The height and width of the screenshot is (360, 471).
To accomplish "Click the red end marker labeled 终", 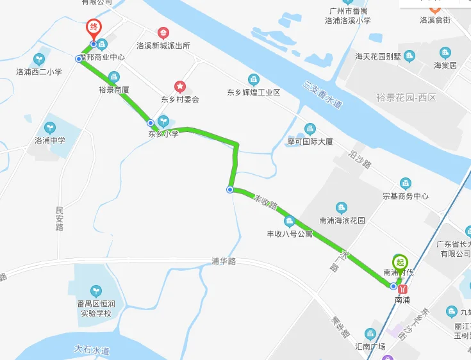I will (x=94, y=28).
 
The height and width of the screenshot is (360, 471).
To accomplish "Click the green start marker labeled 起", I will (x=401, y=262).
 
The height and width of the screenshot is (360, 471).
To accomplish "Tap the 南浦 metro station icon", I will (x=402, y=289).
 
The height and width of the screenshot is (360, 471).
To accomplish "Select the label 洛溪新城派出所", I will (x=163, y=46).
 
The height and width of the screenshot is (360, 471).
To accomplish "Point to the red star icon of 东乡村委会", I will (x=180, y=86).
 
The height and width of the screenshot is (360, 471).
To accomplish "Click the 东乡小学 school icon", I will (x=164, y=120).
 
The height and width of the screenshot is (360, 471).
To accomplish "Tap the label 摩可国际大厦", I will (x=310, y=142).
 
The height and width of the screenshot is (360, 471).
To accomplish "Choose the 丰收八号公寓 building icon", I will (x=290, y=222).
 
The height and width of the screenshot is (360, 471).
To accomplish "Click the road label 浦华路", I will (x=224, y=261).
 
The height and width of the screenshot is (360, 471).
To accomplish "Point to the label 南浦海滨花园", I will (x=342, y=220).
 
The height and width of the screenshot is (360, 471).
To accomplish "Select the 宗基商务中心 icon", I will (x=405, y=184).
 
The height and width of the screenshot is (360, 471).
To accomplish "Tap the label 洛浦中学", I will (x=50, y=140).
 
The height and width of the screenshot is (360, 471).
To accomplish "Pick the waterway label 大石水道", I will (x=92, y=350).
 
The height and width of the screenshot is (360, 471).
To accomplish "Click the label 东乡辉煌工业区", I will (x=254, y=92).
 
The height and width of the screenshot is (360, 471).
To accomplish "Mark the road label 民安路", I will (x=60, y=218).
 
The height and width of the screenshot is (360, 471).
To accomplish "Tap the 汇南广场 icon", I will (x=370, y=334).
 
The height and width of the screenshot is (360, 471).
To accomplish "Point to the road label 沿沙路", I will (x=361, y=160).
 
